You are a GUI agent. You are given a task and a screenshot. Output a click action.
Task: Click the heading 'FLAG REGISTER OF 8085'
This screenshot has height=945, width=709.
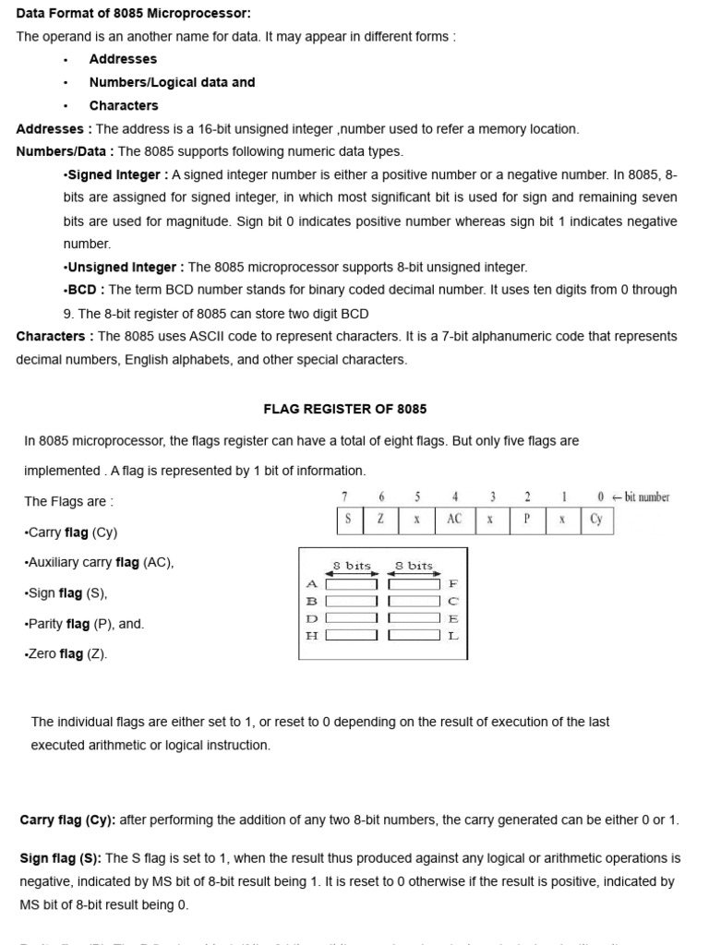click(345, 409)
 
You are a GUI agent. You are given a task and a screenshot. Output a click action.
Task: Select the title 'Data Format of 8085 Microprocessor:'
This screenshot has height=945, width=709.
click(133, 13)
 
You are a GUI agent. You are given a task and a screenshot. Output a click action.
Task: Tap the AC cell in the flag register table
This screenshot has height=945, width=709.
click(454, 520)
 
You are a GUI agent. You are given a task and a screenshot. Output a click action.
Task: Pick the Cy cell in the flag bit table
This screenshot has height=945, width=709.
click(596, 520)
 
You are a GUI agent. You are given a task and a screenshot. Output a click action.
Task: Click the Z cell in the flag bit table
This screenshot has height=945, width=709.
click(380, 520)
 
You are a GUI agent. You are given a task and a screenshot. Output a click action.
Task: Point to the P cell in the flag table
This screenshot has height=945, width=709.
click(526, 520)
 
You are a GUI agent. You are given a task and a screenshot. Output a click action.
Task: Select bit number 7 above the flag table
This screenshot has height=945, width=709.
click(344, 496)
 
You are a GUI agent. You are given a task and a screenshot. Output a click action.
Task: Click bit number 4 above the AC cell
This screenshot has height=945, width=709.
click(454, 496)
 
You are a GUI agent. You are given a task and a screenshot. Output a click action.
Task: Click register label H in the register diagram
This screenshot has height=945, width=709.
click(311, 635)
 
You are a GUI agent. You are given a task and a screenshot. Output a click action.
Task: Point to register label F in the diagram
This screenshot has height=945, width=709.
click(452, 584)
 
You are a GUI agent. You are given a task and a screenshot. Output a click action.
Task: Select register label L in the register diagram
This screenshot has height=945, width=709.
click(452, 635)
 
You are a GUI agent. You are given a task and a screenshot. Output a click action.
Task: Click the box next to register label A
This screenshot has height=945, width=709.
click(351, 584)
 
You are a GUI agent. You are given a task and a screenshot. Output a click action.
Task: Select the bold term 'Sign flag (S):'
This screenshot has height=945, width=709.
click(61, 858)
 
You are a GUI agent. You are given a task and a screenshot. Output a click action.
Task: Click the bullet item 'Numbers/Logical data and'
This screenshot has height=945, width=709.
click(172, 82)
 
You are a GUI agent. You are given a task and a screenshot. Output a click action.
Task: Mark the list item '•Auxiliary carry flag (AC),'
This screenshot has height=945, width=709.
click(99, 562)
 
